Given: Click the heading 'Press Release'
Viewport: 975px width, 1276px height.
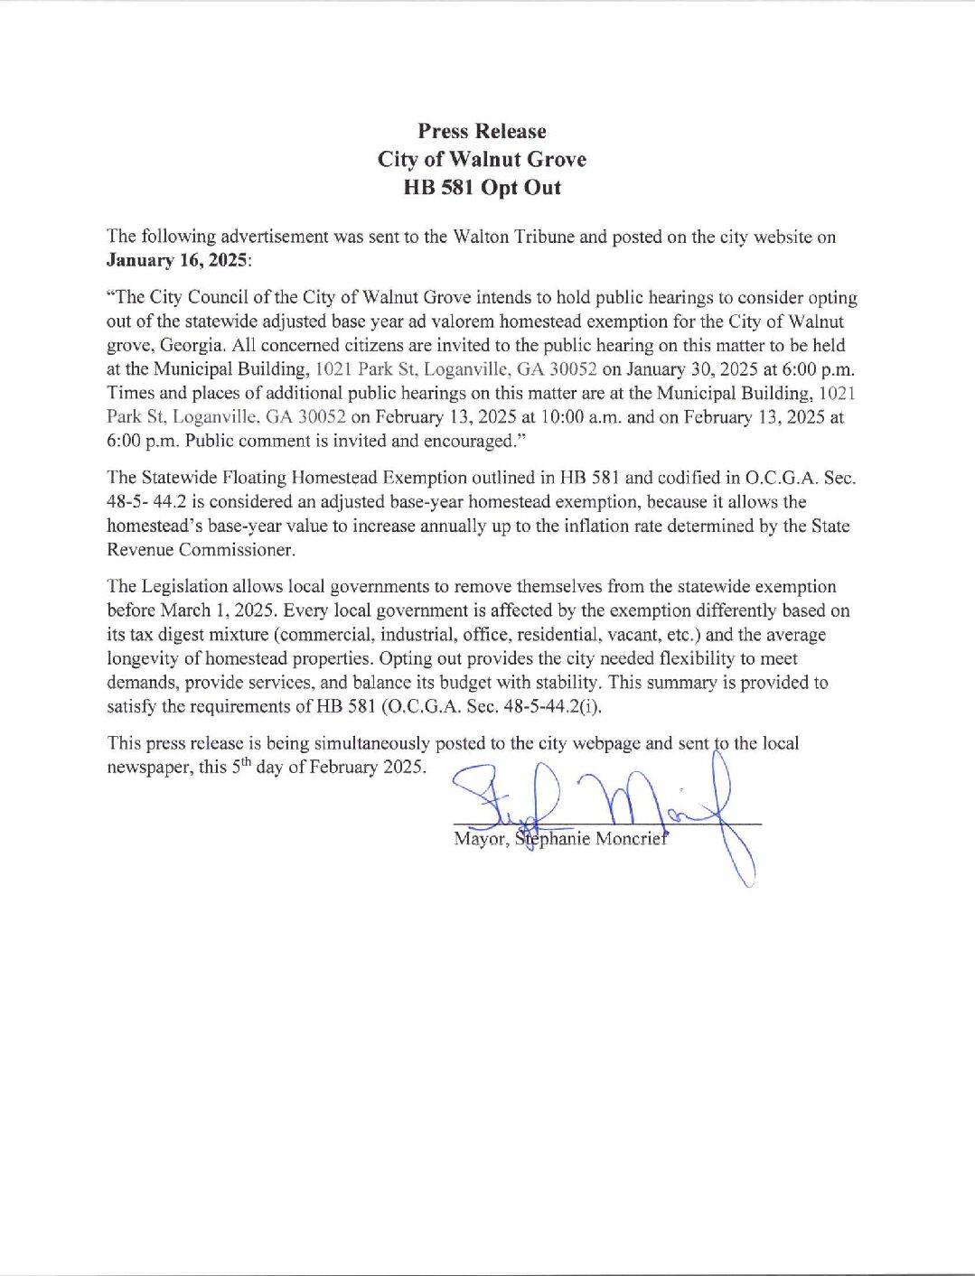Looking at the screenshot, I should [482, 132].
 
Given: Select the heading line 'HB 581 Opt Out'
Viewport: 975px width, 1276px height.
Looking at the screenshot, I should [482, 188].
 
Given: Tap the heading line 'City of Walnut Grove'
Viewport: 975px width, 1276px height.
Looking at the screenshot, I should [482, 160].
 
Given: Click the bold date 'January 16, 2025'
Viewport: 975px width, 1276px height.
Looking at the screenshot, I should [177, 261].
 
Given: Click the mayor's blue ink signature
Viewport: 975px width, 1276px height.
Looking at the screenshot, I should [596, 804].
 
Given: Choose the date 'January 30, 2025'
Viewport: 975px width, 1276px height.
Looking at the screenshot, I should [662, 369].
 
